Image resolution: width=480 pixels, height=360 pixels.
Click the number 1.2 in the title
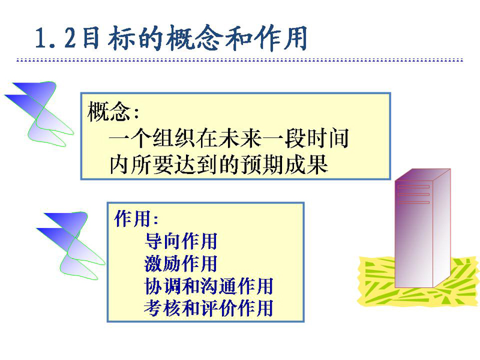point(56,38)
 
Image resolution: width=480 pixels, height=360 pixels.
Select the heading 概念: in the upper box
point(113,112)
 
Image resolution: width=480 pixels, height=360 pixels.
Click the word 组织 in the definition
point(174,139)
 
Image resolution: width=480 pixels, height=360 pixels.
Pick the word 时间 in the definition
point(328,139)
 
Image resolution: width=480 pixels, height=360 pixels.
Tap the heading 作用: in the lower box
point(137,218)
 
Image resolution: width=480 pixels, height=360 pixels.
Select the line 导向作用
point(181,241)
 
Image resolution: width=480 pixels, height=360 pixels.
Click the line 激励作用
point(181,263)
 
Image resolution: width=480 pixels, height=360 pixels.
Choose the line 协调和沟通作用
point(208,286)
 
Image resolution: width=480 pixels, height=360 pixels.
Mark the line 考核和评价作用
point(208,308)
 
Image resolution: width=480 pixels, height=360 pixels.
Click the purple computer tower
point(422,229)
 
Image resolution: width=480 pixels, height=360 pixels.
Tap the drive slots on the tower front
point(413,194)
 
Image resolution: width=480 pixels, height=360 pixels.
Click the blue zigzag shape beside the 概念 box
point(39,114)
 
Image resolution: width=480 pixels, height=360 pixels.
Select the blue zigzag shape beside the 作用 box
point(71,245)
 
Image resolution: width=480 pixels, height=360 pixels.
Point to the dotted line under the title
point(239,60)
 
